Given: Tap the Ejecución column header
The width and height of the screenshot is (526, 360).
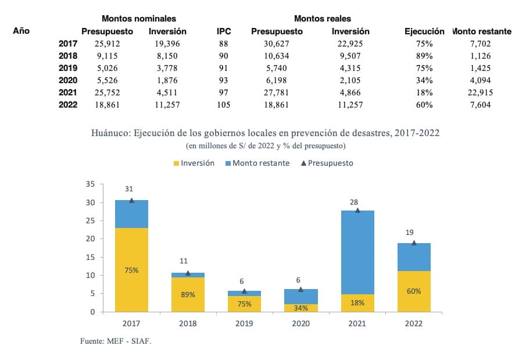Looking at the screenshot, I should pos(424,31).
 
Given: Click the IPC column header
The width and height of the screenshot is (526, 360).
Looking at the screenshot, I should pos(224,31).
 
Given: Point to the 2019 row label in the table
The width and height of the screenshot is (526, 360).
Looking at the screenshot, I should pos(68,69).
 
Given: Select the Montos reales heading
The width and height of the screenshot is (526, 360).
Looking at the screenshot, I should pos(322,19).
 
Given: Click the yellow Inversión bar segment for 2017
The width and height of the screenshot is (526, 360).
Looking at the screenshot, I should pos(131,270).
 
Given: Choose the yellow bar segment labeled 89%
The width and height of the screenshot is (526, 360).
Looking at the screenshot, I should pos(187,294).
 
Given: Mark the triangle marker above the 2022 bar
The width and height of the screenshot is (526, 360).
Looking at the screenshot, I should pos(414,243).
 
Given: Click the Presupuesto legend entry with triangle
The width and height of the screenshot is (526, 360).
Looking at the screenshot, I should pos(327,163).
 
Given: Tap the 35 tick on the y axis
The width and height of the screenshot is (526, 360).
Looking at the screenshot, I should pos(90,184).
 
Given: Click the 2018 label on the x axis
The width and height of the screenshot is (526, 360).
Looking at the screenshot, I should pos(188,323).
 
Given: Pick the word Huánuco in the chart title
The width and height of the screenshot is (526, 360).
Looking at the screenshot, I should pos(110,133).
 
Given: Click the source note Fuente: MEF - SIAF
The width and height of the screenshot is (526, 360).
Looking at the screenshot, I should pos(115,341).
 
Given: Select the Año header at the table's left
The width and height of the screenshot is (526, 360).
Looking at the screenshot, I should pos(21,31).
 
